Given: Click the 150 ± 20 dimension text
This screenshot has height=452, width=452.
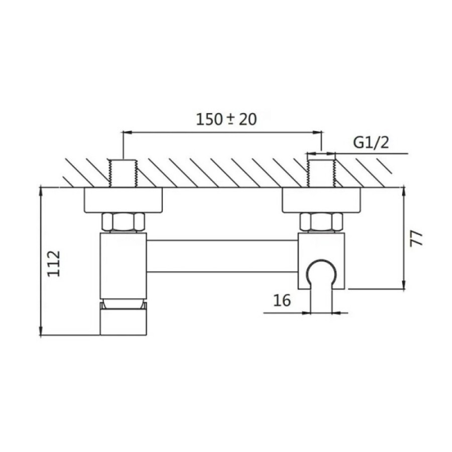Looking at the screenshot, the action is [227, 119].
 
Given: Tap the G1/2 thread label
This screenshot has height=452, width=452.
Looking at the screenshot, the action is [371, 143].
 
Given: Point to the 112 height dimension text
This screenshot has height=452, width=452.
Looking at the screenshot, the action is [54, 264].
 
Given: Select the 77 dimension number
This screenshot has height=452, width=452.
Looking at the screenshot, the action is [416, 238].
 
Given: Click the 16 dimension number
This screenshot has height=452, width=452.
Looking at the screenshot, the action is [282, 300].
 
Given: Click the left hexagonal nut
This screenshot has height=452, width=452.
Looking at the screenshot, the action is [123, 222].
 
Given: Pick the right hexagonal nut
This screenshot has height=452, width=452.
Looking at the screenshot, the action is [321, 222].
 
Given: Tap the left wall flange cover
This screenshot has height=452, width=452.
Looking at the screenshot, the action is [124, 200].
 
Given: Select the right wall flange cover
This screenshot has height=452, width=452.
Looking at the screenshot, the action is [321, 200].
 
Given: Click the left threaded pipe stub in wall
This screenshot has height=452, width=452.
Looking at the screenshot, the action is [123, 173].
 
